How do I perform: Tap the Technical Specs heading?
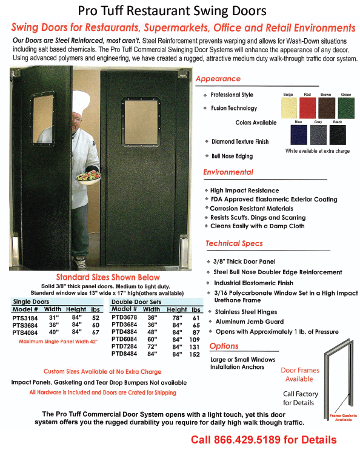pos(234,243)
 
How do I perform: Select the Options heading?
pos(224,346)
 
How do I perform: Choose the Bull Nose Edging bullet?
pos(232,156)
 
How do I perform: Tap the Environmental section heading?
pos(228,172)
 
